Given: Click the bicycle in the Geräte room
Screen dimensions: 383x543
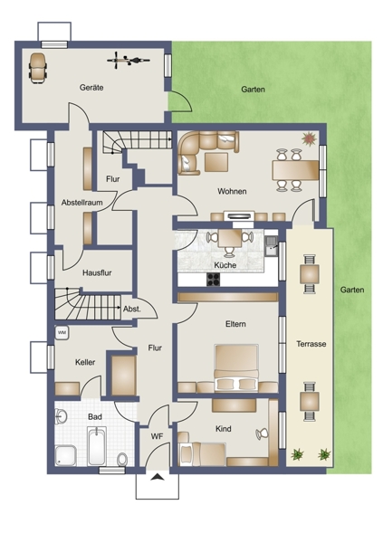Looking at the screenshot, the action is [129, 61].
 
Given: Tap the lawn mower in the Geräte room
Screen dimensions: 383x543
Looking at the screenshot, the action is [38, 68].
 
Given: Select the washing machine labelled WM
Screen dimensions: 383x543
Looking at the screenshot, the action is [62, 333].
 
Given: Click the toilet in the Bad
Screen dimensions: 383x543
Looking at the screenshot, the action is [122, 459].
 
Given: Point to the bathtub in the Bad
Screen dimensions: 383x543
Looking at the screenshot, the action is [96, 446].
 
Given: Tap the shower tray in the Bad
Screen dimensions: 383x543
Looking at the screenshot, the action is [65, 455].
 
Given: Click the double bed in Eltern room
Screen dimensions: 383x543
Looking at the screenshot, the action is [236, 367].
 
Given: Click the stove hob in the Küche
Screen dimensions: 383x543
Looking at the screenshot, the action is [213, 280].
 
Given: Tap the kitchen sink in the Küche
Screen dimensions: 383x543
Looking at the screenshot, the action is [272, 246].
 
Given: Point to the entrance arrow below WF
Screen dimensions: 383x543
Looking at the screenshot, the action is [158, 477].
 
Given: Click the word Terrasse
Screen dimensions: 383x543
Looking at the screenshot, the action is [311, 344].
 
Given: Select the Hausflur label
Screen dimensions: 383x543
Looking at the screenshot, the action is [97, 273].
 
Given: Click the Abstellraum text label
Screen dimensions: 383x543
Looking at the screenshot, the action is [82, 203].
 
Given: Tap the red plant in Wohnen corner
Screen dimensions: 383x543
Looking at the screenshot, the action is [309, 138].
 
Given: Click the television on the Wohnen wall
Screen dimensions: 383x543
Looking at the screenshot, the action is [237, 216].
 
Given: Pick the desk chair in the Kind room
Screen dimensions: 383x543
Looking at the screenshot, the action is [262, 433].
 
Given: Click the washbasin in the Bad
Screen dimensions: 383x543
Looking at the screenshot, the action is [61, 416].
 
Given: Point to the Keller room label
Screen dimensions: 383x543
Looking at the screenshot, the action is [85, 362].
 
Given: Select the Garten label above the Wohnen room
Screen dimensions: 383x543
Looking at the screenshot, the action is [253, 90].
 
